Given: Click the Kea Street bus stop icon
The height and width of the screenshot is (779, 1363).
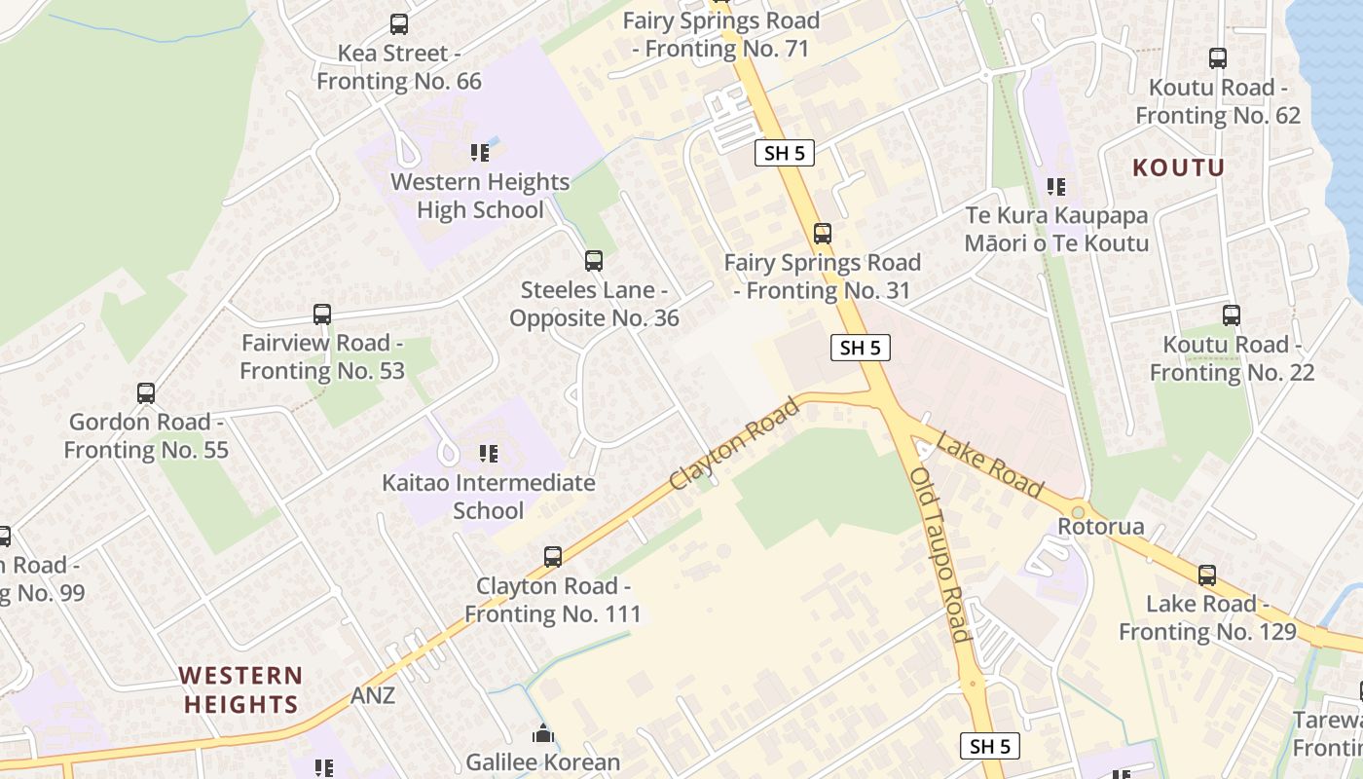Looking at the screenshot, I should click(399, 24).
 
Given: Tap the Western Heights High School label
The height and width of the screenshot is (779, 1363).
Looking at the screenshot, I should click(480, 196).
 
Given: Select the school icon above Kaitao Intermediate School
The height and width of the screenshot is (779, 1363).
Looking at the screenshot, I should click(489, 453).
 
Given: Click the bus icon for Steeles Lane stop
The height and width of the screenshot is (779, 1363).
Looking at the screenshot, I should click(594, 261).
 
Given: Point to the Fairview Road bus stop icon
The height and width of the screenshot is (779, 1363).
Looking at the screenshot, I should click(322, 315).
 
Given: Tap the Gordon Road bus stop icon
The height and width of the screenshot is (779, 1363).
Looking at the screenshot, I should click(146, 393).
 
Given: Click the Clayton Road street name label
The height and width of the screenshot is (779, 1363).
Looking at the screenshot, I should click(735, 443).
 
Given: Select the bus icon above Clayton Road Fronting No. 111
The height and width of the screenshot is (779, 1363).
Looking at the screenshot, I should click(553, 557).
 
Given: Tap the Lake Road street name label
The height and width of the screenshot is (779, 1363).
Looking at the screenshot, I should click(989, 467).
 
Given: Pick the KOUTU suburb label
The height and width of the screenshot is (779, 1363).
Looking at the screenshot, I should click(1178, 167).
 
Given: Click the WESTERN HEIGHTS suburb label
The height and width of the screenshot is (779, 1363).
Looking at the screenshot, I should click(240, 689).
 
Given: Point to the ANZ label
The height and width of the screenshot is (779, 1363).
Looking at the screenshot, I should click(373, 695).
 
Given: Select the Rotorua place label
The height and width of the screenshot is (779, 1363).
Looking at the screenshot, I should click(1101, 528).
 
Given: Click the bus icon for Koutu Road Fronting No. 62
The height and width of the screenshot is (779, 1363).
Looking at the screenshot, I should click(1218, 58).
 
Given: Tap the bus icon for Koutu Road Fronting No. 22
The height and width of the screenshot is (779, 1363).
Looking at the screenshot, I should click(1232, 315).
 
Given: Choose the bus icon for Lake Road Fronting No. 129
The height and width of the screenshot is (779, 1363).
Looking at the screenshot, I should click(1207, 575).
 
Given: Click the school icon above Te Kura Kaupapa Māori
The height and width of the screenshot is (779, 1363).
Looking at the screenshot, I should click(1056, 186).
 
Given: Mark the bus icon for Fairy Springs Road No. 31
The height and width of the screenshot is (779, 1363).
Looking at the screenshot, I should click(823, 234).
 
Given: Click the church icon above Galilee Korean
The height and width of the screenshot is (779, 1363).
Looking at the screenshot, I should click(542, 733).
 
